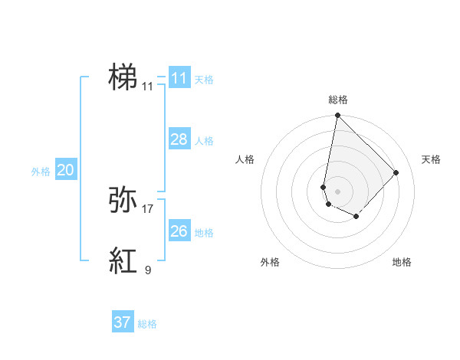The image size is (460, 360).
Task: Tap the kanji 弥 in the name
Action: (x=123, y=200)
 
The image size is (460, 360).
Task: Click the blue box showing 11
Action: (x=179, y=78)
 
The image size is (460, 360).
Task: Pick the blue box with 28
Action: (x=179, y=139)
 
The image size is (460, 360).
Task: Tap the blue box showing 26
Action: (x=179, y=231)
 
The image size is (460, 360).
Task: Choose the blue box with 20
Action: (x=65, y=170)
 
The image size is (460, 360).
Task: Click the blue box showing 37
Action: (x=122, y=322)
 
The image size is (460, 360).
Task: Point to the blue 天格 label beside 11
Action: (x=204, y=80)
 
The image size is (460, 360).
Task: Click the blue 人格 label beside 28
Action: (x=204, y=141)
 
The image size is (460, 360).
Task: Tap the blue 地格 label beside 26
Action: (x=204, y=233)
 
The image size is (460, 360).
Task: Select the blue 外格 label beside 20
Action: (x=41, y=172)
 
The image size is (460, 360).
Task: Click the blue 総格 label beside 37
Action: (x=147, y=324)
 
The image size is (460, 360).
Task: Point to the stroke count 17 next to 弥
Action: (x=148, y=208)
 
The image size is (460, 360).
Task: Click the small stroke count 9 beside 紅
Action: (x=148, y=270)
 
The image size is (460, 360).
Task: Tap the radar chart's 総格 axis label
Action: (x=337, y=100)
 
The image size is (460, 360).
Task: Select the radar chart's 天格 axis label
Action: (x=431, y=159)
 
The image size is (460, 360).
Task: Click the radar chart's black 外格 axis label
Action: (x=270, y=262)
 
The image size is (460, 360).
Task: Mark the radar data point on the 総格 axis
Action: (x=337, y=116)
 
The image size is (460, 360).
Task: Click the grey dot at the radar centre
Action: (x=337, y=191)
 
